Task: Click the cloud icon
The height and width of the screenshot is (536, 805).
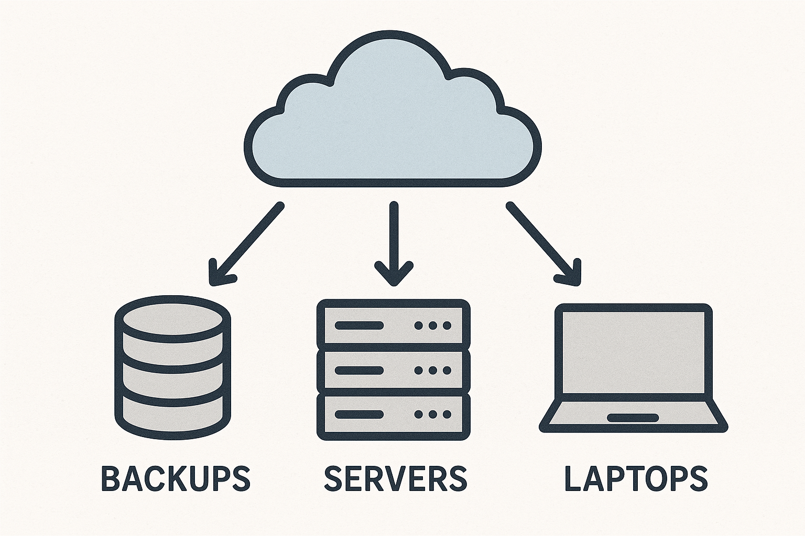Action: pos(392,126)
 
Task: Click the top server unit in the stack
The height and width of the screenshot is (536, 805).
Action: pos(393,325)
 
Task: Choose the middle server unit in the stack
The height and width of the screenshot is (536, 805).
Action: pos(393,370)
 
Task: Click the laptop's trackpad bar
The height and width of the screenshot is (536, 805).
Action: pos(633,418)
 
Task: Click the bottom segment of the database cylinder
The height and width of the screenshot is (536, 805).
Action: pos(172,411)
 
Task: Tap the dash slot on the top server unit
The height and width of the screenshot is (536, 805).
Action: pos(360,325)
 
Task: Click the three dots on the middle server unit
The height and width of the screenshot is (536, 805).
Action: pos(433,370)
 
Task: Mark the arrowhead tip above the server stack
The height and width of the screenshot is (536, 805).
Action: pos(394,284)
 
